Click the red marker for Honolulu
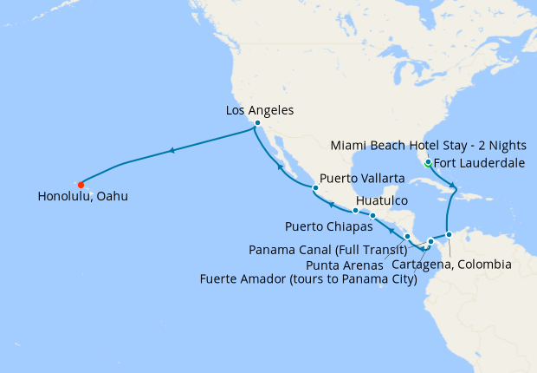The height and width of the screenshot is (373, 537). point(81,184)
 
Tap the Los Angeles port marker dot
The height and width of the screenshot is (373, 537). point(257,123)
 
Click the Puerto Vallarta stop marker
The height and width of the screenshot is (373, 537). point(316,188)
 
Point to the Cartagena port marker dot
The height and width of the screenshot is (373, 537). point(449,234)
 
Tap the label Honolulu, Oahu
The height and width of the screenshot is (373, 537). point(82,197)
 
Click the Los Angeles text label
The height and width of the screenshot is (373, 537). point(260,110)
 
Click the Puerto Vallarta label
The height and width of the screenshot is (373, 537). point(362,178)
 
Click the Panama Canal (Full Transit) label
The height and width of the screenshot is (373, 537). point(327,250)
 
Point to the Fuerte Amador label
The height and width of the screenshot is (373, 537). point(307,279)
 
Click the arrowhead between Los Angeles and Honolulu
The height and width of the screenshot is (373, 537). point(173,151)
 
